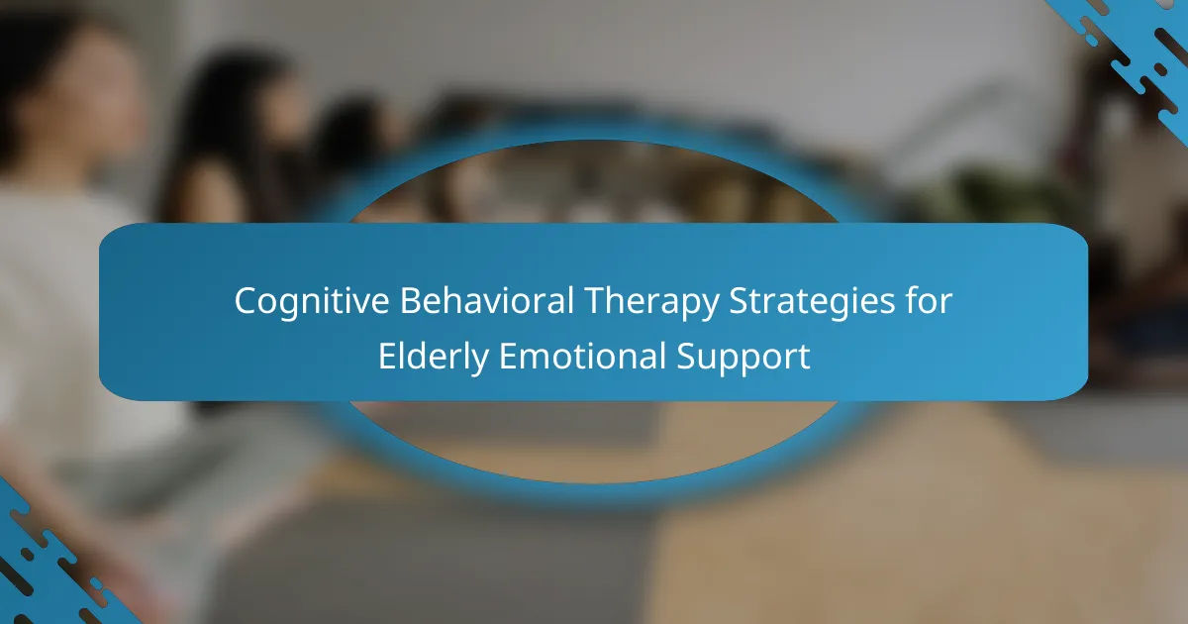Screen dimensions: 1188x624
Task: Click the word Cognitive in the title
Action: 312,302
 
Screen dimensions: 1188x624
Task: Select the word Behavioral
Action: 487,300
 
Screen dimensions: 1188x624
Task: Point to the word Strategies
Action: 812,302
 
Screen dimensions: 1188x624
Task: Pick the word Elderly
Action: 434,358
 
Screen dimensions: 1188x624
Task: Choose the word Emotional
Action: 582,356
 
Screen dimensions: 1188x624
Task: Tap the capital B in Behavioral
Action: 412,301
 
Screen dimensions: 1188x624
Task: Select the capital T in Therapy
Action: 596,301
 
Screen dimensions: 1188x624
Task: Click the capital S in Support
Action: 687,356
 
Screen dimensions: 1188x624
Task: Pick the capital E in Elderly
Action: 388,356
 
